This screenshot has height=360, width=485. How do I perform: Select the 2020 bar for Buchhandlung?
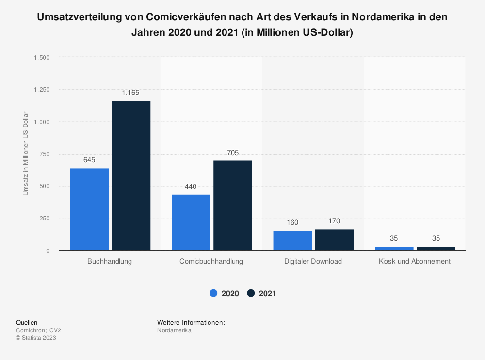tap(89, 209)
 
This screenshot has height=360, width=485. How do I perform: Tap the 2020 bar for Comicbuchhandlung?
tap(191, 222)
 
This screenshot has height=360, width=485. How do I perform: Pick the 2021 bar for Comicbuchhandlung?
tap(233, 205)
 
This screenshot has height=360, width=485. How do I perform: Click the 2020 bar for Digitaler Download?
tap(292, 240)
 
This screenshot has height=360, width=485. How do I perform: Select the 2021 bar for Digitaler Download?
tap(334, 240)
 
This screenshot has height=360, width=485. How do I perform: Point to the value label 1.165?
tap(131, 92)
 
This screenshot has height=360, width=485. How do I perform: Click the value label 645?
tap(89, 159)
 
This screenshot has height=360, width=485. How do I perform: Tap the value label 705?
tap(233, 153)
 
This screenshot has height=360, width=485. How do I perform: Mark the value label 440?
tap(191, 187)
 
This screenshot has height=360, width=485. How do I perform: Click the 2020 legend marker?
tap(213, 293)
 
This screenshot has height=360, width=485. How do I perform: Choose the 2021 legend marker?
tap(251, 293)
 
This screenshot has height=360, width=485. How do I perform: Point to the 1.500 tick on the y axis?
tap(41, 57)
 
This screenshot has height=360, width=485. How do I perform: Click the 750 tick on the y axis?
tap(45, 154)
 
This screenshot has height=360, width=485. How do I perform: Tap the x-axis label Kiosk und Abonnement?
tap(415, 261)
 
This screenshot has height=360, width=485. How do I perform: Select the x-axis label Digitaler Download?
tap(313, 261)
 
